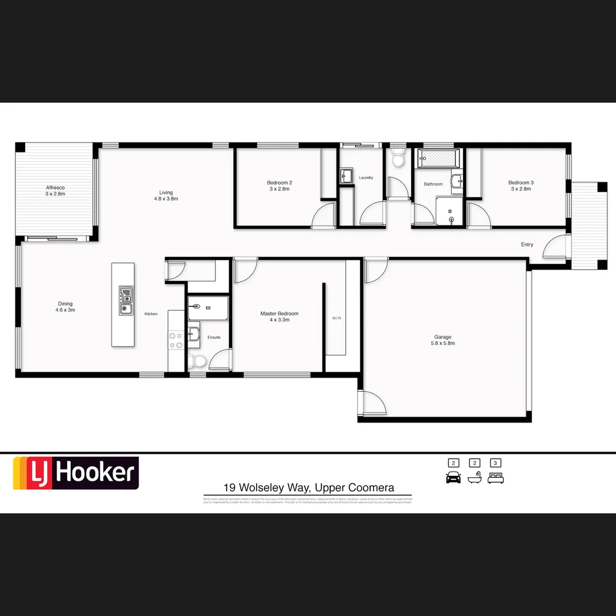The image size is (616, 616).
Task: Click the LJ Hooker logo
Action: pos(76,473)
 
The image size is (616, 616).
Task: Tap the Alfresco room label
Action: pos(55,191)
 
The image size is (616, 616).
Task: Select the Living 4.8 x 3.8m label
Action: pos(166,196)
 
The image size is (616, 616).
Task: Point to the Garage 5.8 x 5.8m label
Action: pos(443,340)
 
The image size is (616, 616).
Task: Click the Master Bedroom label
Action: pos(279,317)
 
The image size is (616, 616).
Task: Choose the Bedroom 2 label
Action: pos(279,185)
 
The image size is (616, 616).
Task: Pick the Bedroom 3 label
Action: pos(521,185)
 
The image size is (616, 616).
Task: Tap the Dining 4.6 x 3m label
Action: pos(65,307)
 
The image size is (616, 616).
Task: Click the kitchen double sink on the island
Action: pos(126,301)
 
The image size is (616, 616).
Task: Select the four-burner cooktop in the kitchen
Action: pos(176,341)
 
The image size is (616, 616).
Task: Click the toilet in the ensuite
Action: pos(197,360)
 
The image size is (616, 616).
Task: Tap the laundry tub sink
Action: pos(346,175)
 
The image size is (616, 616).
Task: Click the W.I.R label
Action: pos(337,318)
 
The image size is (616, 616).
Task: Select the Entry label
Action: pos(527,245)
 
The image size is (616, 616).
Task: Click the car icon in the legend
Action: pos(453,478)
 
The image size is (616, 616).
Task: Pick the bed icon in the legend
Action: pos(496,478)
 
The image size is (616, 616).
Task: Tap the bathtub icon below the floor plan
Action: pos(475,478)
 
